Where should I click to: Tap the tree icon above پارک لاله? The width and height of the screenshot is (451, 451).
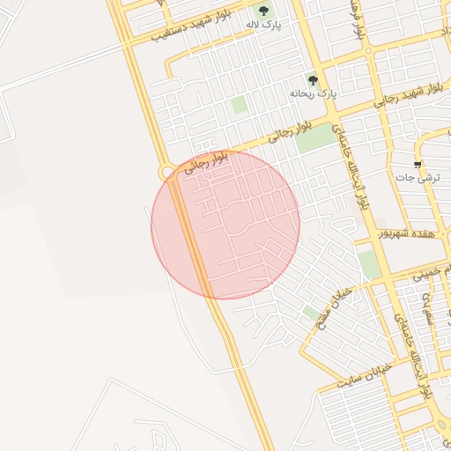point(263,11)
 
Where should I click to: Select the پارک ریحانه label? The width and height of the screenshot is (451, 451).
point(314,92)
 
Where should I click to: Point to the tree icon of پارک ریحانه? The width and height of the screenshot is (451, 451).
point(313,80)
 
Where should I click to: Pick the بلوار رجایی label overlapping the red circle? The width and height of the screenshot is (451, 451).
point(205,163)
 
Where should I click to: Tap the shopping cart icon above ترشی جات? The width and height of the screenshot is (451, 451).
point(418,165)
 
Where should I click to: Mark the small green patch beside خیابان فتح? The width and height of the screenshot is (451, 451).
point(311,312)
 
